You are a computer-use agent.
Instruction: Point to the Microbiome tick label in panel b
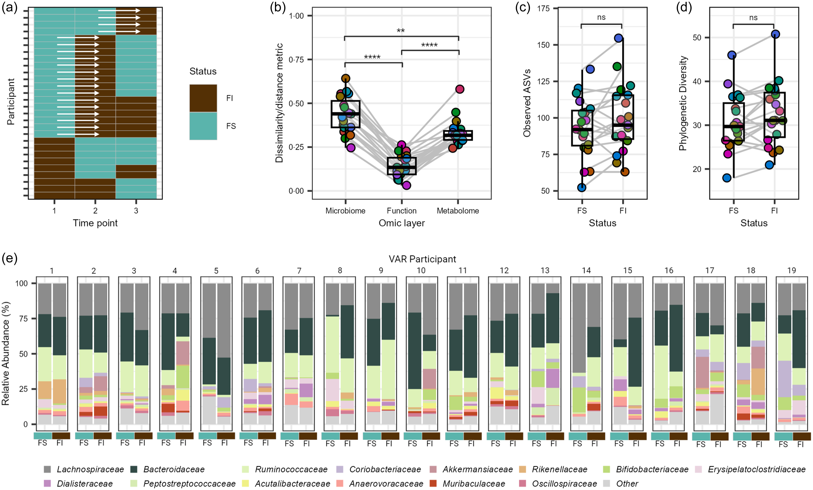click(345, 211)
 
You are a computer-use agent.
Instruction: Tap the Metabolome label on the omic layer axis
click(458, 211)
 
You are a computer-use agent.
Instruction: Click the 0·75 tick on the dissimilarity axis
click(296, 60)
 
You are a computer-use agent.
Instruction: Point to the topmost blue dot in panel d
click(776, 34)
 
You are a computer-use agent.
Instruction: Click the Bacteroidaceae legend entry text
click(174, 469)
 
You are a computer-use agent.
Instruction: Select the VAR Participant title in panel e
click(422, 259)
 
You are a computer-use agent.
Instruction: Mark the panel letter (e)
click(9, 258)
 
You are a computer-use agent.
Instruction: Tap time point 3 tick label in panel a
click(136, 211)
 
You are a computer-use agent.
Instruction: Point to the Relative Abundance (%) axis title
click(6, 353)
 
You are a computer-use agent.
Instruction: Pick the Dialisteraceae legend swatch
click(47, 483)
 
